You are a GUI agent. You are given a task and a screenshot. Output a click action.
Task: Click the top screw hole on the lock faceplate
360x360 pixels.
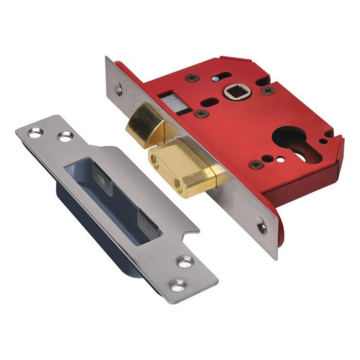pos(119,91)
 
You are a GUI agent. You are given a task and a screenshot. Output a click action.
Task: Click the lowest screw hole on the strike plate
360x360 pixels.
pos(178,283)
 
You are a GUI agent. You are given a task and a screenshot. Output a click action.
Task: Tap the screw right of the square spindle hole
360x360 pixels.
pos(267,90)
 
